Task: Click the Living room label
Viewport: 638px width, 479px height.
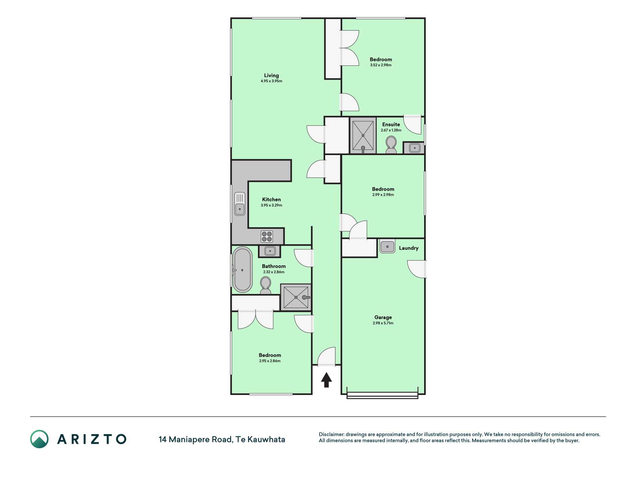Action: pos(271,75)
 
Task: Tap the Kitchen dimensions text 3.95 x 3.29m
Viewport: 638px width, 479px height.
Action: pos(271,205)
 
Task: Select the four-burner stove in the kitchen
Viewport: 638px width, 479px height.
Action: pos(267,237)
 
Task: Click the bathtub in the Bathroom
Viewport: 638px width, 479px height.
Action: pos(243,269)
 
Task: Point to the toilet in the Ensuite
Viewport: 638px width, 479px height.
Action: pos(391,144)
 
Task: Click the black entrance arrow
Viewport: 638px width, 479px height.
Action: pos(326,379)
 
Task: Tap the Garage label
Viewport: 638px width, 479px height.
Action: pos(383,317)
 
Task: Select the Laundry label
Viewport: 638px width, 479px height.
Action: pos(409,248)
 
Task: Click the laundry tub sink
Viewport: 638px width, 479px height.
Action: pos(388,246)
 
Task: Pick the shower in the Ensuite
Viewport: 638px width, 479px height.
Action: pos(363,135)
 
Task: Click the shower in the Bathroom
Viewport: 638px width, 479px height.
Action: pos(296,297)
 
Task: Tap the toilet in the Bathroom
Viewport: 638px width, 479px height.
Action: pos(266,286)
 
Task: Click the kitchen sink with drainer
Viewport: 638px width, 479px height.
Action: pos(240,204)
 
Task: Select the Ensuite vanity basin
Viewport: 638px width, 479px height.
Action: pos(414,148)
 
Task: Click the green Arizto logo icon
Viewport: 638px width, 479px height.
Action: pos(39,439)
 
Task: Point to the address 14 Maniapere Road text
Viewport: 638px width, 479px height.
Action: pos(195,439)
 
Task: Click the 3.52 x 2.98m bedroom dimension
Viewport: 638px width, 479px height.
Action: pos(381,65)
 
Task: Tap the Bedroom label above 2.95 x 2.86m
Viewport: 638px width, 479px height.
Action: pos(270,355)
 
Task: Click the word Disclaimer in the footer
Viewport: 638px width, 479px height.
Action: pos(331,434)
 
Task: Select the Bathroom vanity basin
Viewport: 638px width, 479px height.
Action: pos(270,251)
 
